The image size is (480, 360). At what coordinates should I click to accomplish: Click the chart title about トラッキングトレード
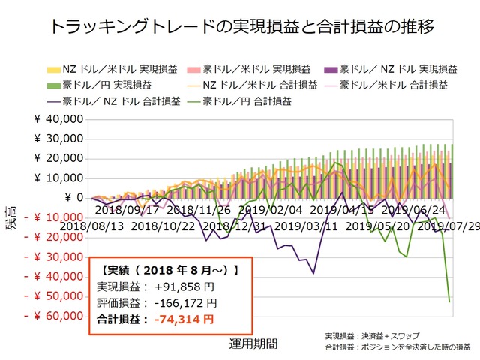(x=240, y=28)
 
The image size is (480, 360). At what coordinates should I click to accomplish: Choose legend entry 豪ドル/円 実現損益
(x=100, y=84)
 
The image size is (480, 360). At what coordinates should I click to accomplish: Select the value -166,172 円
(x=184, y=303)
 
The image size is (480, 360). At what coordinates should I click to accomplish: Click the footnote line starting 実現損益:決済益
(x=372, y=336)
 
